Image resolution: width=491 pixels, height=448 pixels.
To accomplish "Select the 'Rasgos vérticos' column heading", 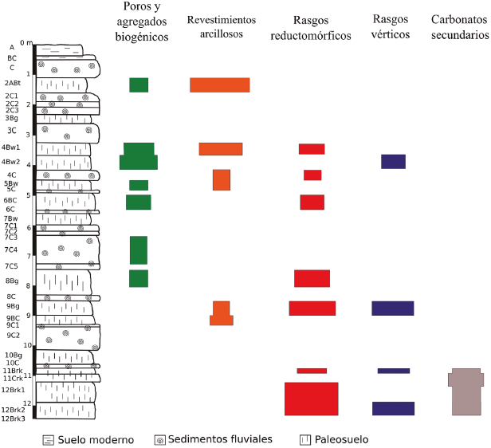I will [391, 26].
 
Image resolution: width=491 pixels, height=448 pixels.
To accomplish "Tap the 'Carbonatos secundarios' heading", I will [459, 26].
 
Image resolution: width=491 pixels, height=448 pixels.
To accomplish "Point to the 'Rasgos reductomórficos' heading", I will [311, 26].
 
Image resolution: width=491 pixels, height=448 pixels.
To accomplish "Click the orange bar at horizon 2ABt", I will [219, 84].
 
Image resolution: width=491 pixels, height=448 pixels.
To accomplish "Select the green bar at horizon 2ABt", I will [139, 84].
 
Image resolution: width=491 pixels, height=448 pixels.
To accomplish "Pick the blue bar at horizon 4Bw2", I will [393, 161].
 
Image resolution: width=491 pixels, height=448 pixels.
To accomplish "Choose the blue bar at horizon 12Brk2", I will [393, 408].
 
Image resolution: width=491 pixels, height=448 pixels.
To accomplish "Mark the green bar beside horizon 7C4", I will [139, 250].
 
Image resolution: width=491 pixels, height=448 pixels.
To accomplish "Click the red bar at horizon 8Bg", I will [312, 278].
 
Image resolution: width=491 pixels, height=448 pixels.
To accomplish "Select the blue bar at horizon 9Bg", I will [393, 308].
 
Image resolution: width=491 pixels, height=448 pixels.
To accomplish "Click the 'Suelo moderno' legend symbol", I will [49, 439].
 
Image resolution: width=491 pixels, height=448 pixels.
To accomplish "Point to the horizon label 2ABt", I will [12, 83].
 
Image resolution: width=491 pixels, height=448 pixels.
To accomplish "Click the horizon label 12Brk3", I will [13, 419].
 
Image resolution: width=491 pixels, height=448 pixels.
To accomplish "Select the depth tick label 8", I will [28, 286].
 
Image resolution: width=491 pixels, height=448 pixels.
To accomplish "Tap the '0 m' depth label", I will [26, 43].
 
